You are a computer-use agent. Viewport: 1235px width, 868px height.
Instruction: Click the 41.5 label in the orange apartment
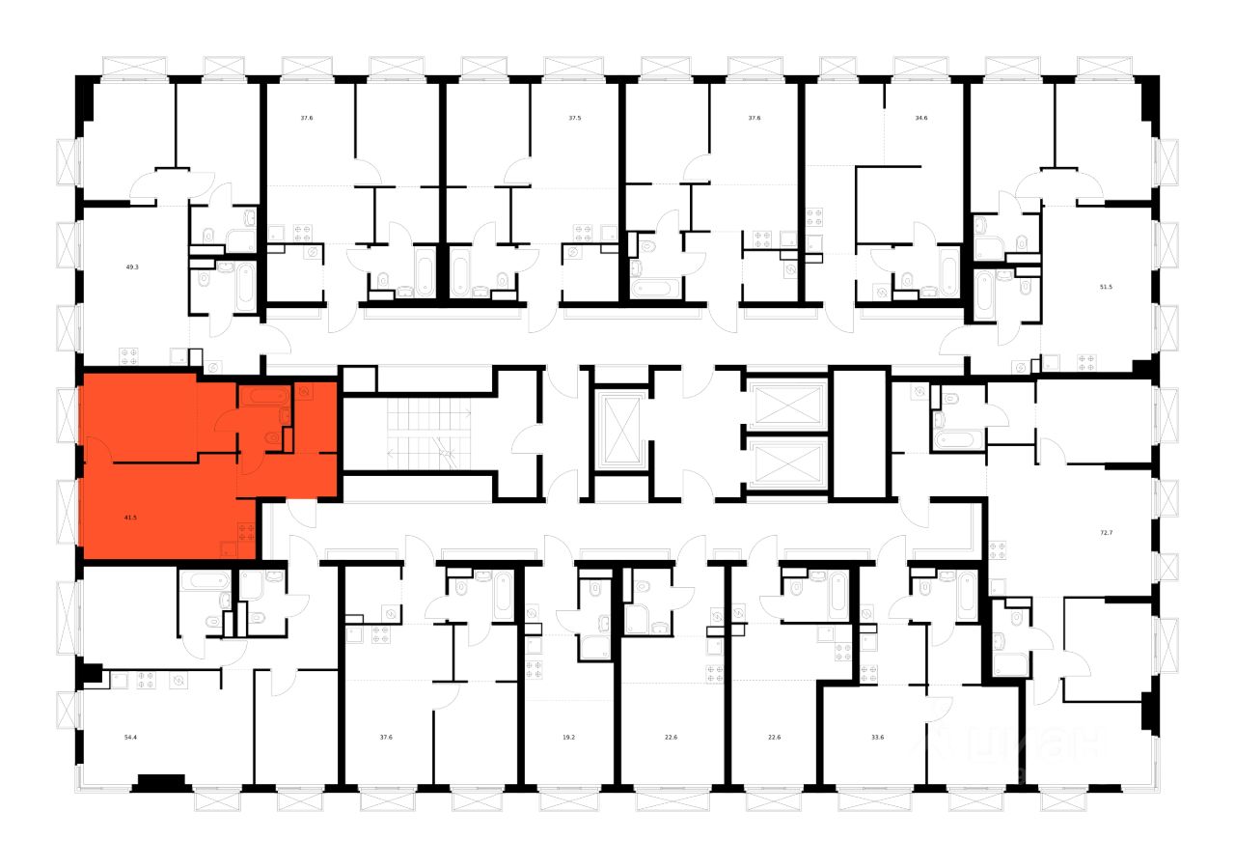(130, 518)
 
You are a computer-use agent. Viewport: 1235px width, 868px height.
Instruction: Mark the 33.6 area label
(877, 737)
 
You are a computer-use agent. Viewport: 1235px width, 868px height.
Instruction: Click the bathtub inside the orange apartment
(265, 395)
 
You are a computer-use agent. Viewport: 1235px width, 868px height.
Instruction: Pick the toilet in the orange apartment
(274, 438)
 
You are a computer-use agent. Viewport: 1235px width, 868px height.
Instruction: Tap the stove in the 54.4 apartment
(147, 681)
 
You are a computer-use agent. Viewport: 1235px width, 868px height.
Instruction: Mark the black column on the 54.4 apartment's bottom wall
(158, 781)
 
